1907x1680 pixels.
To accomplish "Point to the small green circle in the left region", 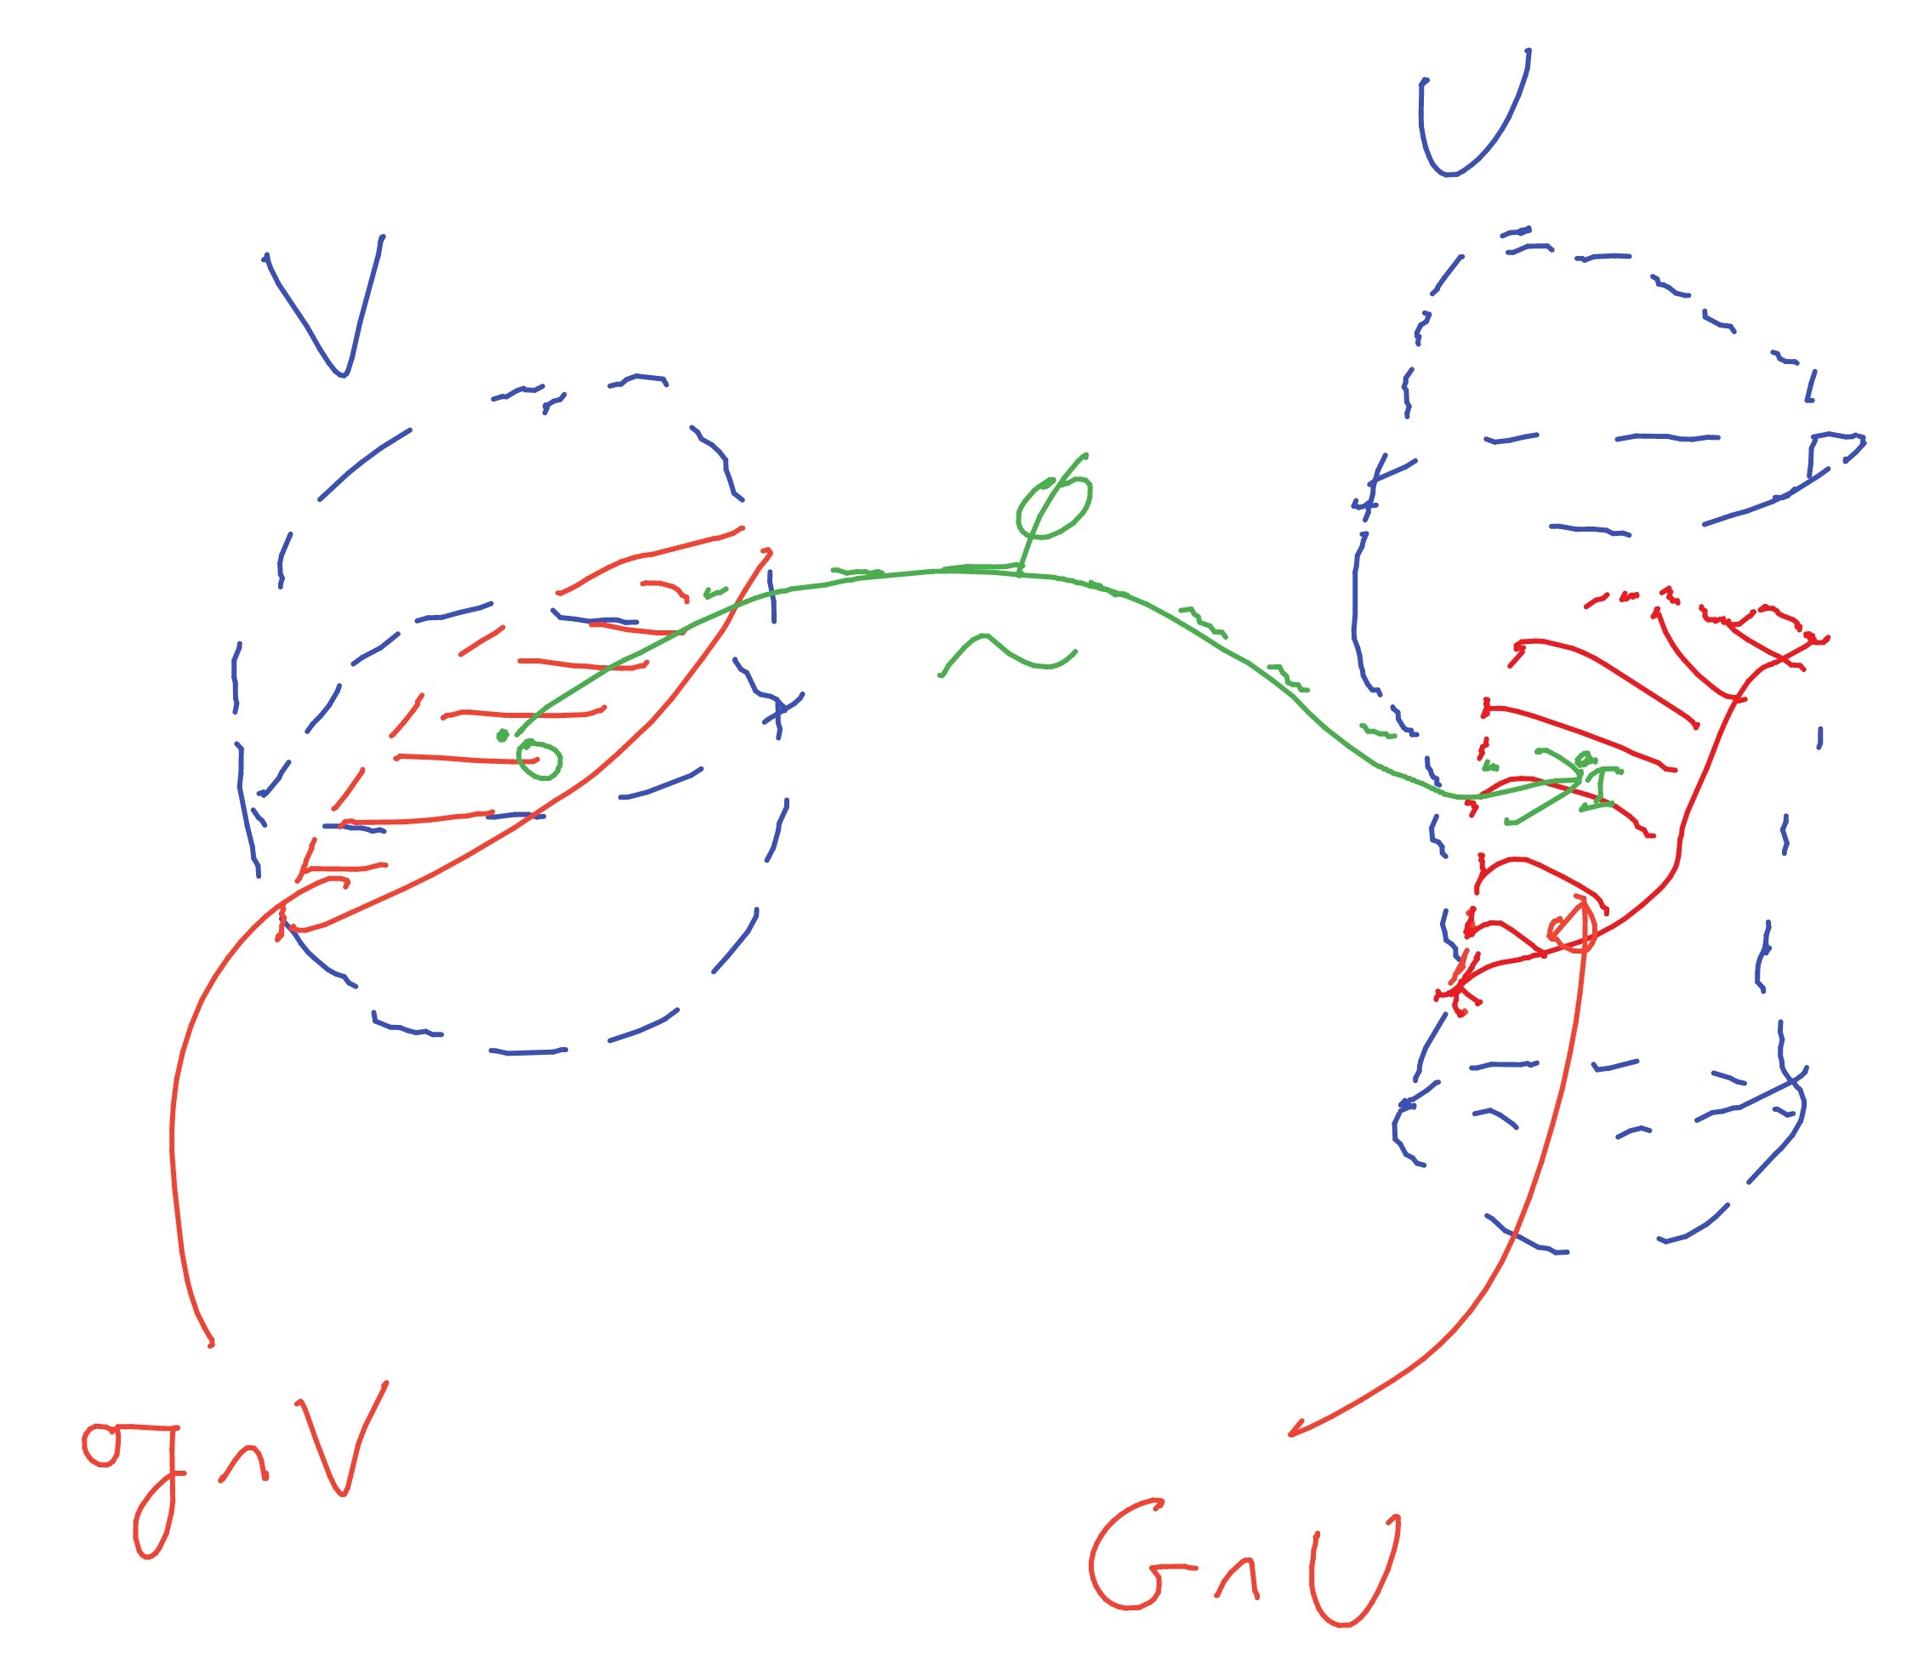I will point(540,760).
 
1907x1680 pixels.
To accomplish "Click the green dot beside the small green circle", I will point(503,736).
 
